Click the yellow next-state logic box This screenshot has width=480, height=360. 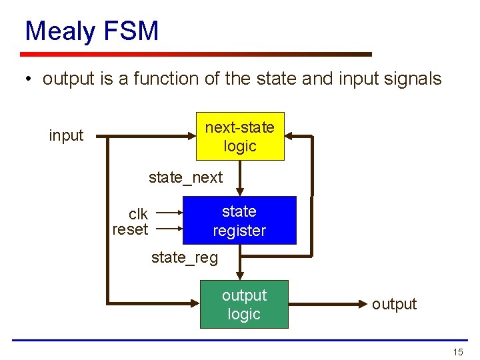click(x=240, y=137)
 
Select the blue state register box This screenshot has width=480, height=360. click(x=239, y=221)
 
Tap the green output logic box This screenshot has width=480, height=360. click(x=244, y=305)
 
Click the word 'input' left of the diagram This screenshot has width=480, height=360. click(x=66, y=136)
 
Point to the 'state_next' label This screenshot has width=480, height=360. click(x=185, y=177)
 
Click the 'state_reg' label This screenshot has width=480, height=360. click(x=185, y=258)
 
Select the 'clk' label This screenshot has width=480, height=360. click(x=138, y=214)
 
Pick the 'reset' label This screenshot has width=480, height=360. click(x=130, y=230)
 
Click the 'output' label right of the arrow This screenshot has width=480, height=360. click(x=394, y=304)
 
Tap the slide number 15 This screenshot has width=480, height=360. click(x=457, y=352)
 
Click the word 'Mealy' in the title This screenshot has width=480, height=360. click(x=59, y=31)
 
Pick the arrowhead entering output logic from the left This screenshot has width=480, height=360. click(x=195, y=304)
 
